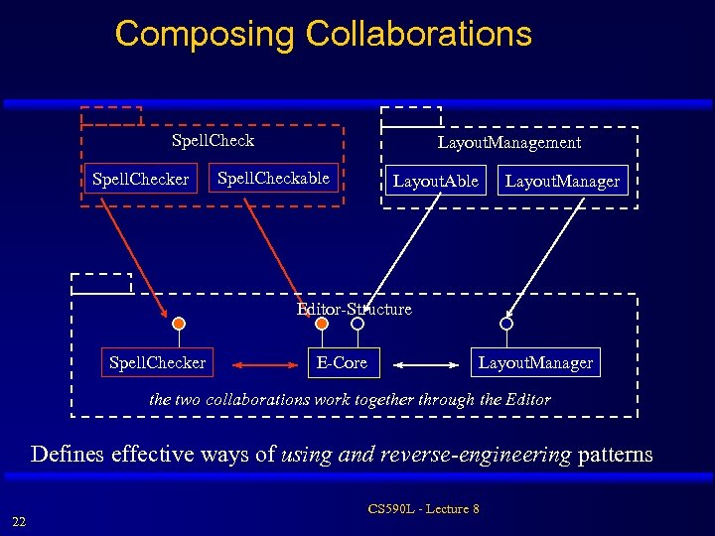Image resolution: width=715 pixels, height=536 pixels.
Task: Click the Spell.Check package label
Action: point(213,141)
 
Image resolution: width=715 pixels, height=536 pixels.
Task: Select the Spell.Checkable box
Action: point(273,179)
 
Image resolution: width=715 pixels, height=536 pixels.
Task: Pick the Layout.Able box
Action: point(435,181)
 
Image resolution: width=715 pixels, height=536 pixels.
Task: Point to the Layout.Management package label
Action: point(509,143)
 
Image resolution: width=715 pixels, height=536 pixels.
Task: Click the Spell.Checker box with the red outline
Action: point(140,180)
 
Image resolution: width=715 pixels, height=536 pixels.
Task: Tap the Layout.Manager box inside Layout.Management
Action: point(562,181)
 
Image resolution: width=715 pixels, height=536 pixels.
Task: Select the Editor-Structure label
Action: point(355,310)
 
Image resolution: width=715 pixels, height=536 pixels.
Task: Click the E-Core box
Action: point(342,363)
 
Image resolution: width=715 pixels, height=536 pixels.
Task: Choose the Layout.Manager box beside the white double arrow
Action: point(535,363)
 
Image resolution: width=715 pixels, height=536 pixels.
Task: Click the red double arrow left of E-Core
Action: point(268,364)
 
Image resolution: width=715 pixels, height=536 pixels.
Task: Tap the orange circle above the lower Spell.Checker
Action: point(179,324)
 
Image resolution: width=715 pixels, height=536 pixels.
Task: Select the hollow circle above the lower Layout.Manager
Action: point(506,324)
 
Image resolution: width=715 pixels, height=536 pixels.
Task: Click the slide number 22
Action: point(19,522)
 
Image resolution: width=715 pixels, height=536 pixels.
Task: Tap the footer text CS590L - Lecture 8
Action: point(423,509)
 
